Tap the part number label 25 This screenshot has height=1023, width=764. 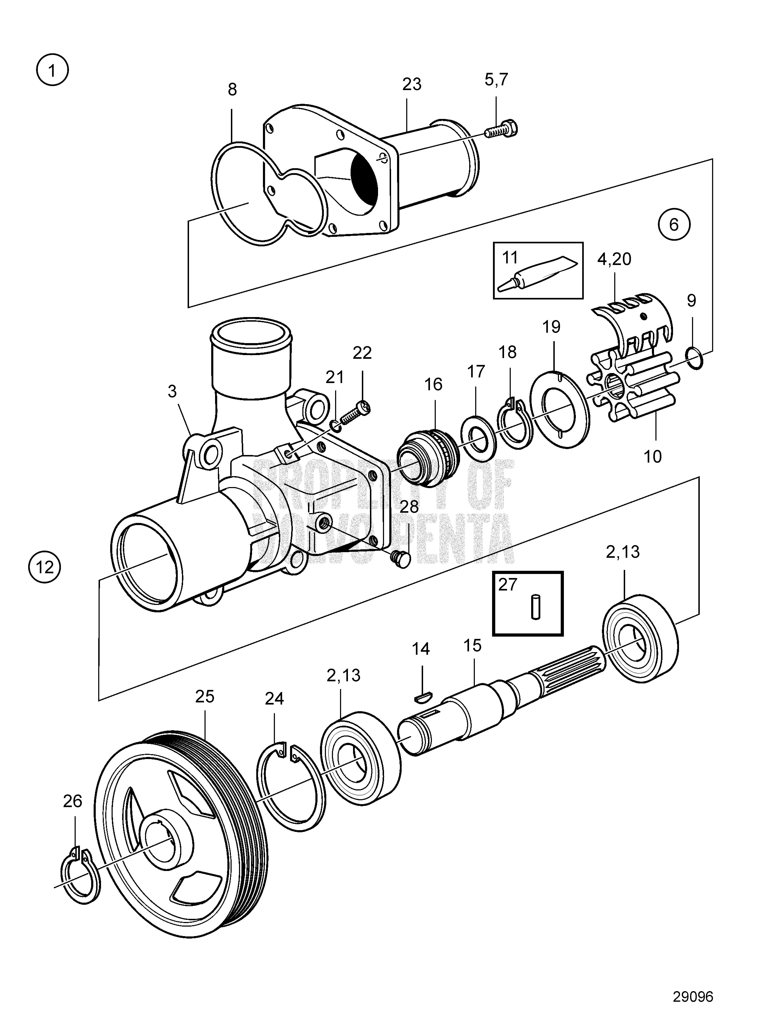(205, 696)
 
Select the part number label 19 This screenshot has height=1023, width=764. (551, 327)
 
